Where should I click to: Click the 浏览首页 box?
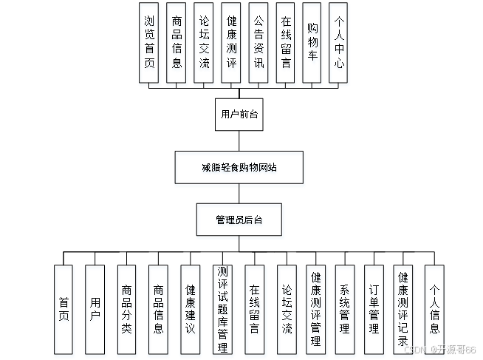click(150, 45)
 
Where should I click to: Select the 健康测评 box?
click(231, 45)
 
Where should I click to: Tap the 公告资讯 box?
click(258, 45)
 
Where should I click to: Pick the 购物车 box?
click(312, 45)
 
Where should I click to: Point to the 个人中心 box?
click(339, 45)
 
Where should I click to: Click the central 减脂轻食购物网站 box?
click(239, 169)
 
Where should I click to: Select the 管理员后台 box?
click(240, 221)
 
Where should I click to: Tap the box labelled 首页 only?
click(64, 310)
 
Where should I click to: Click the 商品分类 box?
click(128, 310)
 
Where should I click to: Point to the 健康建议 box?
click(191, 310)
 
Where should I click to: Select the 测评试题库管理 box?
click(222, 310)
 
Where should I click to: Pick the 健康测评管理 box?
click(316, 310)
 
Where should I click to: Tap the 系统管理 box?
click(345, 310)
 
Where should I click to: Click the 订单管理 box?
click(374, 310)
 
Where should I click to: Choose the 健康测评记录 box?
click(403, 310)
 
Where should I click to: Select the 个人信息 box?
click(435, 310)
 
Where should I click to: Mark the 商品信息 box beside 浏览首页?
click(177, 45)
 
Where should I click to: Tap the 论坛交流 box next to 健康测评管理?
click(287, 310)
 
